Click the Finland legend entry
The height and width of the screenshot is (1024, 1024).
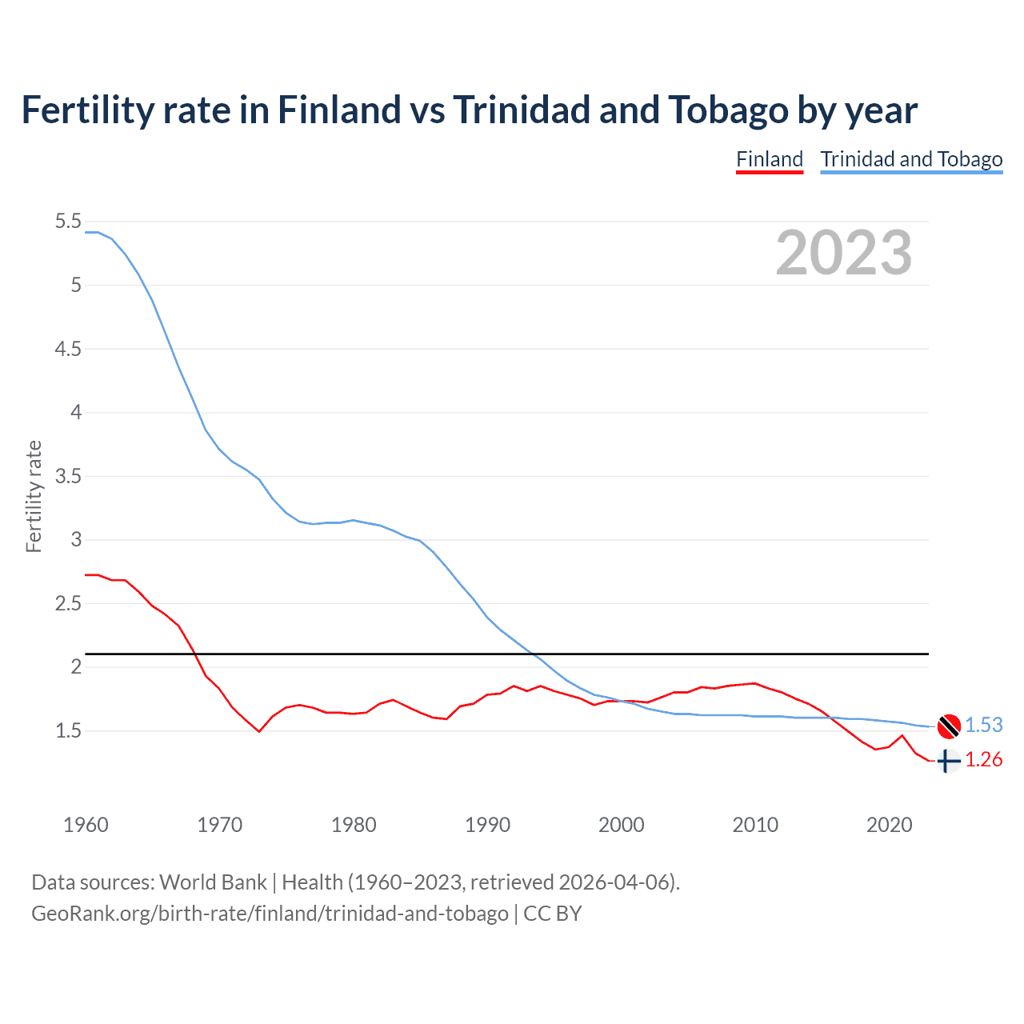click(x=769, y=159)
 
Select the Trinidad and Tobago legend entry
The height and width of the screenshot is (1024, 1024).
click(x=911, y=159)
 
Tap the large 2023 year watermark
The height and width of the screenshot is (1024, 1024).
click(x=843, y=253)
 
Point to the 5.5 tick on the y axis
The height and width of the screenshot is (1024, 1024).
click(x=69, y=222)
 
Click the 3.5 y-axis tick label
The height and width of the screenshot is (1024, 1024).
click(x=69, y=477)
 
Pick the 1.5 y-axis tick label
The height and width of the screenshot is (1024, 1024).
click(x=69, y=730)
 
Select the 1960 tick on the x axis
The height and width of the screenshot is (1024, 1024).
click(x=86, y=825)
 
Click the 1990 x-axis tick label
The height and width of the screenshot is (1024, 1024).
click(x=487, y=825)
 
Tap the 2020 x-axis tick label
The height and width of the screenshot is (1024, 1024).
click(x=889, y=825)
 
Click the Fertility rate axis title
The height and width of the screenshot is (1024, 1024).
click(x=34, y=496)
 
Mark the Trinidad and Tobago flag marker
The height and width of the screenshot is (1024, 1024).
click(x=949, y=726)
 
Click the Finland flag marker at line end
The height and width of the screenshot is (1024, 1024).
click(x=948, y=761)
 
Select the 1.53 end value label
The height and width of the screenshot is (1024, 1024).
click(x=983, y=725)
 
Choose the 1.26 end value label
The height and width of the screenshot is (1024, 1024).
click(x=983, y=759)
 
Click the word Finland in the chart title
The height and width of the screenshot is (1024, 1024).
click(x=338, y=110)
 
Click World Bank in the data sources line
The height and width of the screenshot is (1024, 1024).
click(x=213, y=882)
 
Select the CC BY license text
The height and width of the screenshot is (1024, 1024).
click(x=553, y=914)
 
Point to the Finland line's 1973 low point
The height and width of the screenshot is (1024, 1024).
click(x=259, y=731)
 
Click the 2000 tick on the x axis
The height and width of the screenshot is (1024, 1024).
click(x=621, y=825)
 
